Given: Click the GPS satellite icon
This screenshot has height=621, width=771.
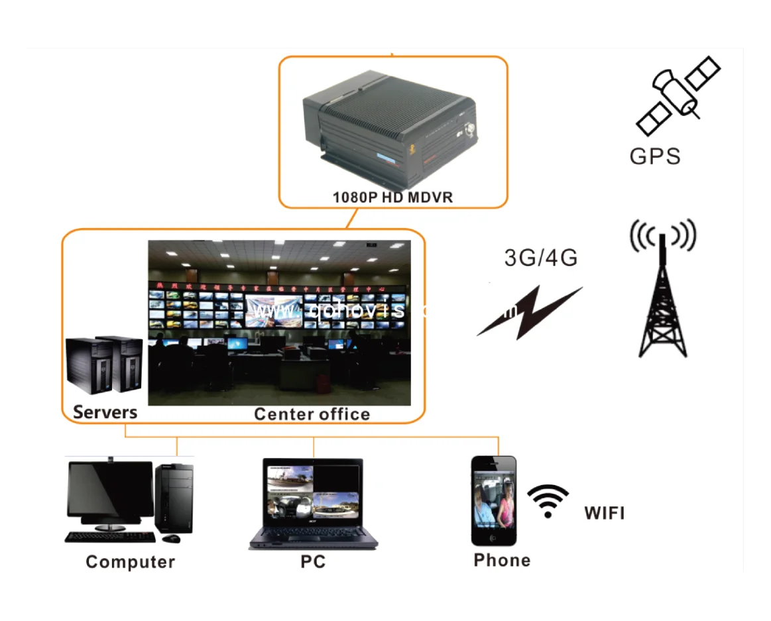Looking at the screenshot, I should [x=678, y=95].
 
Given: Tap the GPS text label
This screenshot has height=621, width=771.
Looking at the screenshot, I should [x=655, y=156].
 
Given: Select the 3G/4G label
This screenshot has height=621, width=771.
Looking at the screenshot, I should [x=541, y=257].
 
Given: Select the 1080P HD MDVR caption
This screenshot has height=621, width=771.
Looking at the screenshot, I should [x=392, y=197].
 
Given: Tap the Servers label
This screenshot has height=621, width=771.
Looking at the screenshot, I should [x=105, y=412].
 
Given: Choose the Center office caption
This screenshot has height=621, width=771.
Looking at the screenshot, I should [x=312, y=414].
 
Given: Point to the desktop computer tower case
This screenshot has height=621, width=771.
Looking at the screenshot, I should [x=174, y=497].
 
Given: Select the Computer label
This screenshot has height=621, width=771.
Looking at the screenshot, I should [x=130, y=562].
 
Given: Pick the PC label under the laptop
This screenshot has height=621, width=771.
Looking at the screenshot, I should [x=313, y=562].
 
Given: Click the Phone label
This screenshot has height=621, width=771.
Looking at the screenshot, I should [x=502, y=560].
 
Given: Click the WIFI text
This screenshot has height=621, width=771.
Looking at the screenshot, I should [x=604, y=513].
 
